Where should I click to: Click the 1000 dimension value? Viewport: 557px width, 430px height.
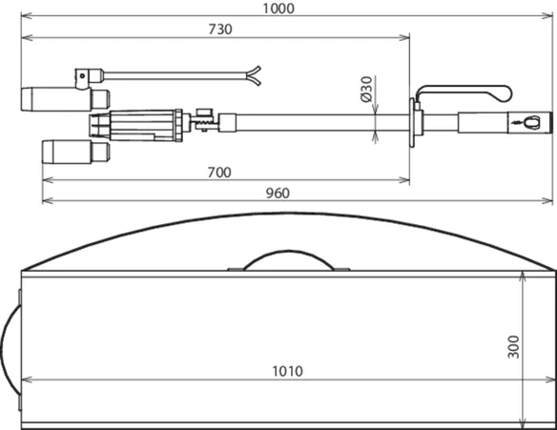(x=278, y=9)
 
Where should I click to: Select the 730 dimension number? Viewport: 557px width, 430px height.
(x=220, y=30)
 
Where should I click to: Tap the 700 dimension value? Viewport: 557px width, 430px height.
(x=219, y=173)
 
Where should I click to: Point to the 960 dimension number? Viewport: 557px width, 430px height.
(x=278, y=194)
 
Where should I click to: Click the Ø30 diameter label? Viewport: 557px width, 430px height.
(x=366, y=89)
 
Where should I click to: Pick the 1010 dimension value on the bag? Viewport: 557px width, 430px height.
(x=287, y=372)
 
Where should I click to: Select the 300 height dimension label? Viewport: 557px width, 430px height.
(x=514, y=347)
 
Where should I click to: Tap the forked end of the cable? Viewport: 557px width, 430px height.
(x=255, y=75)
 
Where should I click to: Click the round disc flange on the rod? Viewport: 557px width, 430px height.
(x=412, y=122)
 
